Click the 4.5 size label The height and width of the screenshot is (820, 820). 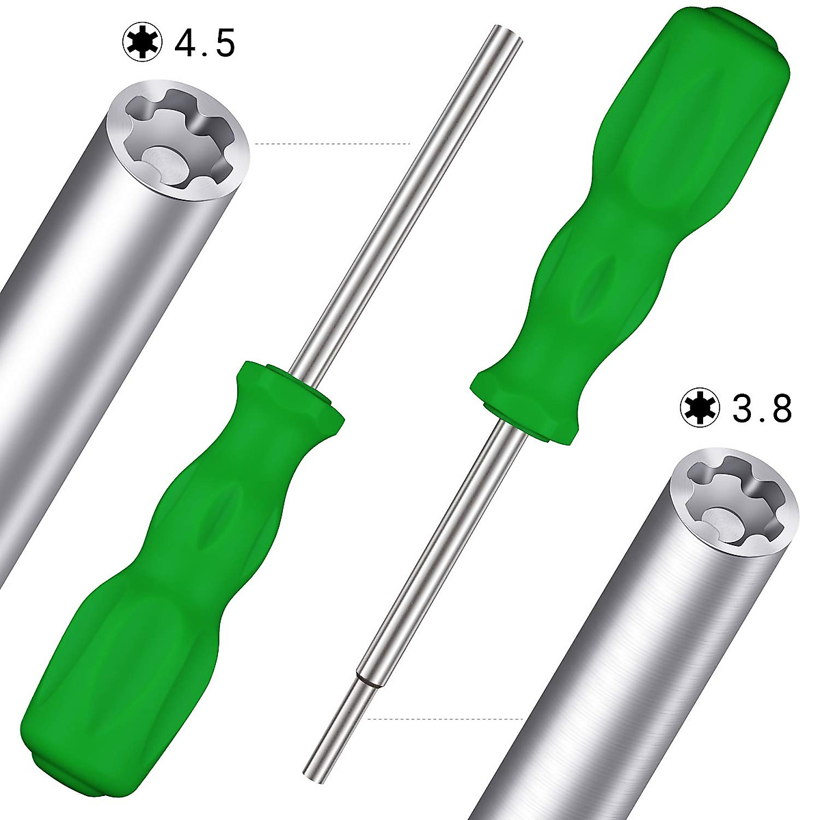205,42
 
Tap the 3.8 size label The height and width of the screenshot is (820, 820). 762,407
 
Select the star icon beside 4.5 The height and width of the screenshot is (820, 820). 143,43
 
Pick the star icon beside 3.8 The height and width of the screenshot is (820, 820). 700,408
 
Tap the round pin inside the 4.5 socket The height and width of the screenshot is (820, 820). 166,165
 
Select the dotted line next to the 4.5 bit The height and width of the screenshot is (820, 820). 332,143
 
